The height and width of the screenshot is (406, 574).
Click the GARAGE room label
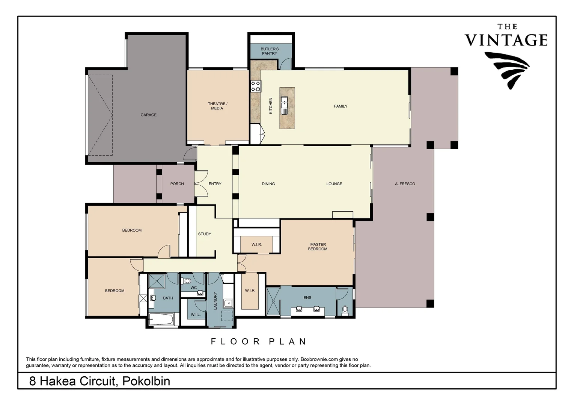(x=148, y=115)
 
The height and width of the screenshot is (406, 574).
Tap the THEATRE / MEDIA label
(x=217, y=106)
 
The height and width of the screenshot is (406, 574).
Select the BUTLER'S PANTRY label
(x=270, y=51)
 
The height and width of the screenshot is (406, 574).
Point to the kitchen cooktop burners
(x=256, y=86)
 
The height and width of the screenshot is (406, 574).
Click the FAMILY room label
(x=340, y=106)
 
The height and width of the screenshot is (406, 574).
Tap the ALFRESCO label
(x=405, y=184)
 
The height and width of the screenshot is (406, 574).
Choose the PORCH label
(x=177, y=184)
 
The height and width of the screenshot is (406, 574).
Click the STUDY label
(x=205, y=234)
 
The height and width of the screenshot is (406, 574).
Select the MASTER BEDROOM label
(x=318, y=247)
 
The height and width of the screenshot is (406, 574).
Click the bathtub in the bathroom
(x=161, y=319)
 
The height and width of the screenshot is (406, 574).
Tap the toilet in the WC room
(x=186, y=281)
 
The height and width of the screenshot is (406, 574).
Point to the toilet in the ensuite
(x=345, y=310)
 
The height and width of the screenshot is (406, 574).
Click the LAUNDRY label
(x=215, y=300)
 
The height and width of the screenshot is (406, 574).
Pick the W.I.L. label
(x=196, y=315)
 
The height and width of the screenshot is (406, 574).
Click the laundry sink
(x=228, y=303)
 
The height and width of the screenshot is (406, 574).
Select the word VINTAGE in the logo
(x=506, y=40)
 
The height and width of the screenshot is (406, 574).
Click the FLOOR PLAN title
(x=259, y=342)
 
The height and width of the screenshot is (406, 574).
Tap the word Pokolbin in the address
(x=146, y=381)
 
